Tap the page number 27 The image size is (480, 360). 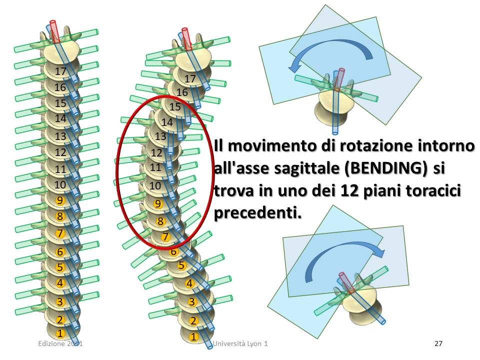pos(438,343)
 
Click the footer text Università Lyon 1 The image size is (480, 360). pos(240,343)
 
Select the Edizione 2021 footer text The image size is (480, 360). pos(60,343)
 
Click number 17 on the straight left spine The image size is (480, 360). pos(60,71)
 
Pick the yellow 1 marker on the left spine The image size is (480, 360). pos(60,333)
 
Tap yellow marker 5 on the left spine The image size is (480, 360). pos(60,267)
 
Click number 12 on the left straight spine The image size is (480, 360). pos(60,152)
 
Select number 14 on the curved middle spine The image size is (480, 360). pos(167,122)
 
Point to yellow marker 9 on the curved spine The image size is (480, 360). pos(158,204)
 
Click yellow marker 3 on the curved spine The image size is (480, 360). pos(192,302)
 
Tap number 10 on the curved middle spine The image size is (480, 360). pos(155,185)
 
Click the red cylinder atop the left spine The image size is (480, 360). pos(54,31)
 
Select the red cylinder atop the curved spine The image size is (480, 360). pos(186,39)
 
